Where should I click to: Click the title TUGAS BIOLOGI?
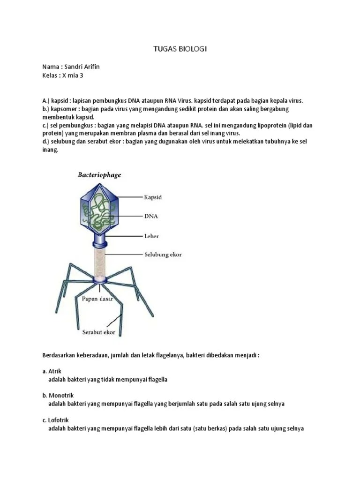point(180,49)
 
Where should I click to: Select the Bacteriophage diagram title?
point(99,175)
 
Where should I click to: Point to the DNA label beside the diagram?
point(151,217)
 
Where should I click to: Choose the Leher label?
point(152,236)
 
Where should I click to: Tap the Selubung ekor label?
point(162,255)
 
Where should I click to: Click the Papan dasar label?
point(97,299)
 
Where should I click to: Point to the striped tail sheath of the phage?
point(100,261)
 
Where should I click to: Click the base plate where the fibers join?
point(100,280)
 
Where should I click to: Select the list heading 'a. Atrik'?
point(52,371)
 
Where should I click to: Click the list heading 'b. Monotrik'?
point(58,396)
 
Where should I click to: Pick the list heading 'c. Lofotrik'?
point(56,420)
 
